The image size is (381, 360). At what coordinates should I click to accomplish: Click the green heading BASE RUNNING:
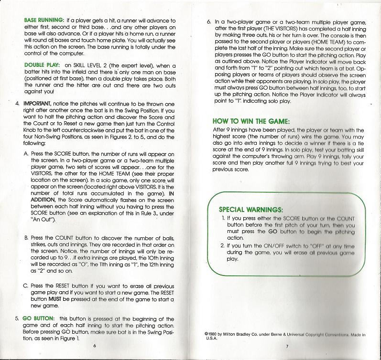click(x=44, y=21)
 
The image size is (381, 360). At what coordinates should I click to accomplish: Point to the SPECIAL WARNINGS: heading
click(x=251, y=209)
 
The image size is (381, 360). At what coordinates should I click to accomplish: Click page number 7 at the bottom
click(x=287, y=345)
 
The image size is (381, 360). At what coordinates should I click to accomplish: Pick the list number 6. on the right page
click(x=208, y=21)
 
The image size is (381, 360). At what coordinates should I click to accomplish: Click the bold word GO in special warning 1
click(x=272, y=231)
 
